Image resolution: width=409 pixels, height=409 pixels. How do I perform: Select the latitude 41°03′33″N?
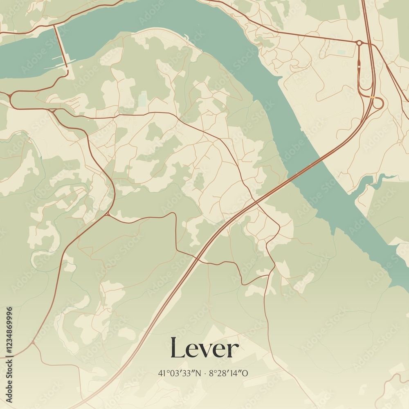179,373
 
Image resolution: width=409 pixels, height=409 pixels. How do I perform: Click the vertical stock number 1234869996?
9,331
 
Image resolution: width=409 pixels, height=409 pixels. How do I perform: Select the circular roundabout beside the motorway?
359,43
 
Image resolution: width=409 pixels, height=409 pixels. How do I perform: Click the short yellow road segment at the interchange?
372,97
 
